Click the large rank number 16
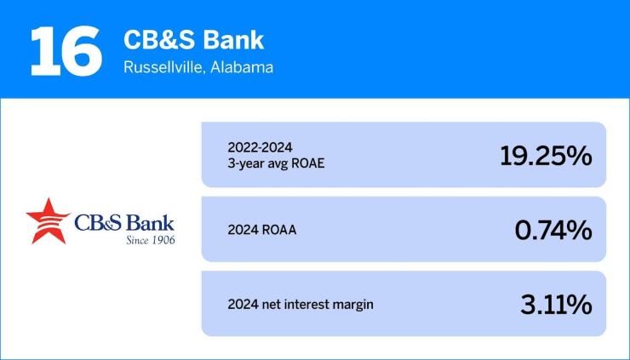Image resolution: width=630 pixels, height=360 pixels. pyautogui.click(x=60, y=49)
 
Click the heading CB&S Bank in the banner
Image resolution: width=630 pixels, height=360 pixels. pyautogui.click(x=193, y=39)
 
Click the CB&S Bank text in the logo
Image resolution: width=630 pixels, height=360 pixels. pyautogui.click(x=124, y=223)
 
